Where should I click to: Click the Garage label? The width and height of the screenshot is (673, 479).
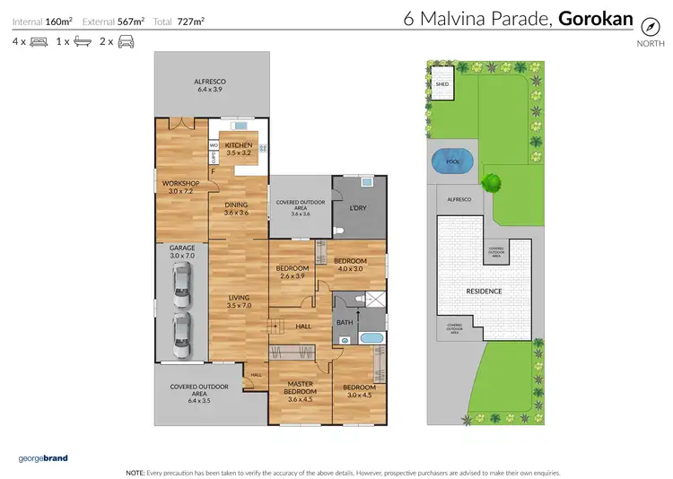coord(181,251)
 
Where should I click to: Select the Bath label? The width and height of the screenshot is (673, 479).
coord(345,321)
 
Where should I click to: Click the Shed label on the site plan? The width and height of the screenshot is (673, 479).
coord(441,84)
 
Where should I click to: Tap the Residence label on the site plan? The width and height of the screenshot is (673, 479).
coord(483,292)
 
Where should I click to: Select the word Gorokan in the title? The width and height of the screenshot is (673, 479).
coord(596,19)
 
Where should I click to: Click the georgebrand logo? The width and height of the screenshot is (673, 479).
coord(42,458)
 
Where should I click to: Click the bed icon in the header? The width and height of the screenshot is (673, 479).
coord(38,41)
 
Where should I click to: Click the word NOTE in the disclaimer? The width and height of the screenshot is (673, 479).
coord(135,471)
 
